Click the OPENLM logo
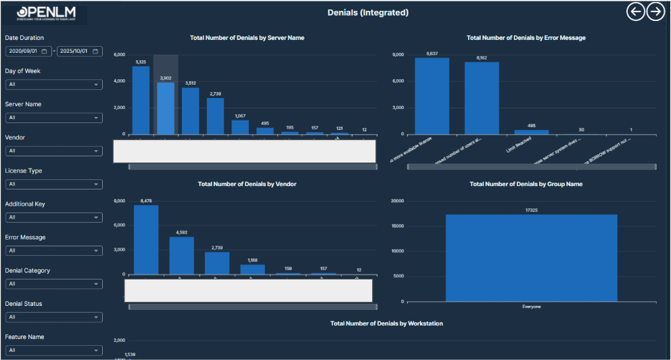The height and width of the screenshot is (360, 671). click(x=44, y=14)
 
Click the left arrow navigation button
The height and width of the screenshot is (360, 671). click(x=635, y=12)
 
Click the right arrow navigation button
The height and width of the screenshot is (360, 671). click(x=655, y=12)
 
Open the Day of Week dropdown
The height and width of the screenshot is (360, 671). click(x=53, y=85)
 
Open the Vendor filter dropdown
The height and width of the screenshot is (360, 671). click(x=53, y=151)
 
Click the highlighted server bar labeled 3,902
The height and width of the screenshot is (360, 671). click(x=166, y=108)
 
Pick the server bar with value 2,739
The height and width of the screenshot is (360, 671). click(x=215, y=116)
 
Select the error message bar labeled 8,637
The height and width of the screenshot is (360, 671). click(x=432, y=96)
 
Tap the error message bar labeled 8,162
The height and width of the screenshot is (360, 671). click(x=482, y=98)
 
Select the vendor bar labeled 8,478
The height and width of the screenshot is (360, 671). click(x=146, y=240)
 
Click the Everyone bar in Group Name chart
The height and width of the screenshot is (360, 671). click(x=531, y=258)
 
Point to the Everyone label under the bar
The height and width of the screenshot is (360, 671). click(x=531, y=307)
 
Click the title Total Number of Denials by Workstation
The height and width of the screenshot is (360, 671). click(x=386, y=323)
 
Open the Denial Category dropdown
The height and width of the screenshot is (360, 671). click(x=53, y=284)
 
